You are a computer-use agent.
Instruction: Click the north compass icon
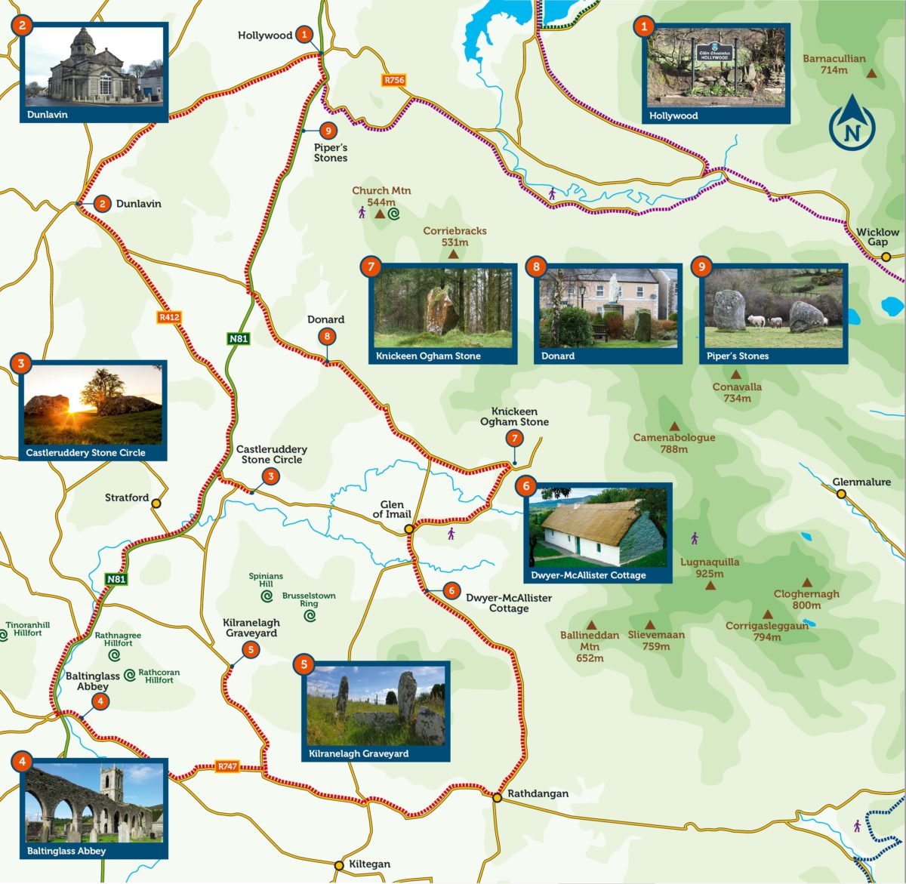[x=852, y=126]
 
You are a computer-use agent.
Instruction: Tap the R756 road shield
[x=394, y=80]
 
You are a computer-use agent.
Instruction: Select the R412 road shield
[x=169, y=317]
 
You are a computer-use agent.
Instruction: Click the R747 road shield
[x=227, y=766]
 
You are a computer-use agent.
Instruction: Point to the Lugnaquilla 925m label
[x=710, y=568]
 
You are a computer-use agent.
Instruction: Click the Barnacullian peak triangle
[x=872, y=74]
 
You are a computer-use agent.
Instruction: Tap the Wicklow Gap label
[x=877, y=237]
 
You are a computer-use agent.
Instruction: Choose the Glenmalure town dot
[x=841, y=494]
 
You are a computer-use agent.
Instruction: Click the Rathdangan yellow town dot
[x=498, y=797]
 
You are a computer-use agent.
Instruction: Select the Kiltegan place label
[x=369, y=864]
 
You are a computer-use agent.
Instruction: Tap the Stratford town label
[x=127, y=498]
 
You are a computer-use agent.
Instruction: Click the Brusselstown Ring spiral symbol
[x=310, y=616]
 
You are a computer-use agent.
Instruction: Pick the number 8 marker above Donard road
[x=326, y=337]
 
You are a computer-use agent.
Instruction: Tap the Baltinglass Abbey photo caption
[x=66, y=851]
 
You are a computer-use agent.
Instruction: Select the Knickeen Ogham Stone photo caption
[x=428, y=356]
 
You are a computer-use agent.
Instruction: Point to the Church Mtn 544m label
[x=381, y=196]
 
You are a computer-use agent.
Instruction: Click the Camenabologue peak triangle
[x=673, y=426]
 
